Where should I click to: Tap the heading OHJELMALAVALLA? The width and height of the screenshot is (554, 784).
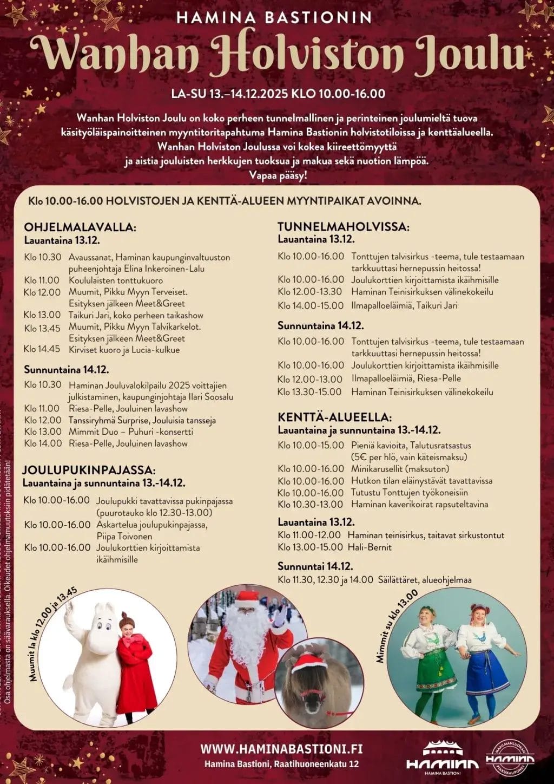click(x=80, y=227)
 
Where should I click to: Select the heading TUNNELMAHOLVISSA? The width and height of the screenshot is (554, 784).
click(x=344, y=227)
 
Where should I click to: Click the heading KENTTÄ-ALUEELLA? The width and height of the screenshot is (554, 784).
click(x=334, y=417)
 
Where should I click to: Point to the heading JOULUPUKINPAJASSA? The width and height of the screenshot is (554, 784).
click(x=89, y=470)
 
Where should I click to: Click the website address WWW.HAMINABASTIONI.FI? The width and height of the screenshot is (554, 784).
click(x=281, y=749)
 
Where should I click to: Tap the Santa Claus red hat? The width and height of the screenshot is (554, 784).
click(x=248, y=598)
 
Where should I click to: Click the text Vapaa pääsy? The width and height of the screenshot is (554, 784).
click(x=278, y=175)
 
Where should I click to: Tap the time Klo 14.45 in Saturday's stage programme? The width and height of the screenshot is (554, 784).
click(x=42, y=349)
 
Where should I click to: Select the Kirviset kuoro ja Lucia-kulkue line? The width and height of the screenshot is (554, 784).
click(x=124, y=350)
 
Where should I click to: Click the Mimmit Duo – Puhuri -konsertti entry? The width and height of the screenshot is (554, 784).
click(x=130, y=432)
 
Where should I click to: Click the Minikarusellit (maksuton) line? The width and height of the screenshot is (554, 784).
click(x=400, y=469)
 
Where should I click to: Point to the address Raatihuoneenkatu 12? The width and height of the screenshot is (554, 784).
click(x=316, y=765)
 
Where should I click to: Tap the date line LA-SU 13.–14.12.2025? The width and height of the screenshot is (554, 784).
click(x=230, y=94)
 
